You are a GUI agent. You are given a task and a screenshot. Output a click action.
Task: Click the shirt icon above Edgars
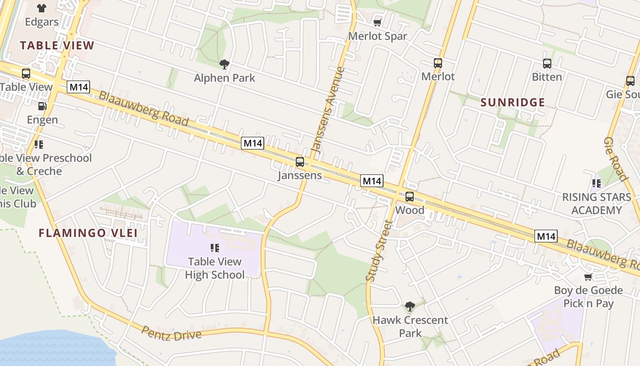(x=42, y=8)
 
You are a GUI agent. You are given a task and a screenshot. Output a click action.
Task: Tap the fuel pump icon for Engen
(x=42, y=106)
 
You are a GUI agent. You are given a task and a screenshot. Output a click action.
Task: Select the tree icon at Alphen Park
(x=224, y=64)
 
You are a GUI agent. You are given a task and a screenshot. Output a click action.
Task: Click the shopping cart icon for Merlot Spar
(x=378, y=22)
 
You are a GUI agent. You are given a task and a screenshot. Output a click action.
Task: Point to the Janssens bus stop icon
(x=300, y=161)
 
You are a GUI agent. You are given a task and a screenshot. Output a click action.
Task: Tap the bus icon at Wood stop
(x=410, y=197)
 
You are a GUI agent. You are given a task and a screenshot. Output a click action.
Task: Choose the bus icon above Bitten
(x=547, y=64)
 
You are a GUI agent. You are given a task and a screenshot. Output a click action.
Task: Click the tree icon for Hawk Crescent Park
(x=410, y=306)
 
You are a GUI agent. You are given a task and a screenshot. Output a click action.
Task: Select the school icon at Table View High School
(x=215, y=248)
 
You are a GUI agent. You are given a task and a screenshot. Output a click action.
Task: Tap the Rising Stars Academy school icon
(x=597, y=183)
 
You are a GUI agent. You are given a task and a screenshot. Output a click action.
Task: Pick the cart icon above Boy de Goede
(x=588, y=277)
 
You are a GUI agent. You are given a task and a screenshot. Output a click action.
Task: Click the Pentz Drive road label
(x=171, y=334)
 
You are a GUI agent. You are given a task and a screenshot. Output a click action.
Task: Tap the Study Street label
(x=379, y=250)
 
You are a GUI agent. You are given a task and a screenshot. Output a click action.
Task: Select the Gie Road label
(x=615, y=158)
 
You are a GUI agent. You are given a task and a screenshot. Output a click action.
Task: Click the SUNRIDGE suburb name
(x=513, y=102)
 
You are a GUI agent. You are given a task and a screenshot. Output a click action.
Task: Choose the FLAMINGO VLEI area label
(x=88, y=233)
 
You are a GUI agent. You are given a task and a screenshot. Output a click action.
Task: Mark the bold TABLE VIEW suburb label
(x=57, y=45)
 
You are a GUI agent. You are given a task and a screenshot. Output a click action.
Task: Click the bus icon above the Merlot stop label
(x=438, y=63)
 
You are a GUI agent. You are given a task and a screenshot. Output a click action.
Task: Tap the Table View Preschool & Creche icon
(x=39, y=145)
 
